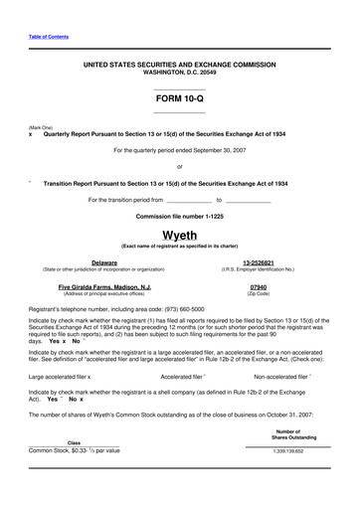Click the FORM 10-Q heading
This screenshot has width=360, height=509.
180,100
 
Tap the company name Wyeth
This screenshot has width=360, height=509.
180,234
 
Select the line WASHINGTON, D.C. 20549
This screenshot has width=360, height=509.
179,73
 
